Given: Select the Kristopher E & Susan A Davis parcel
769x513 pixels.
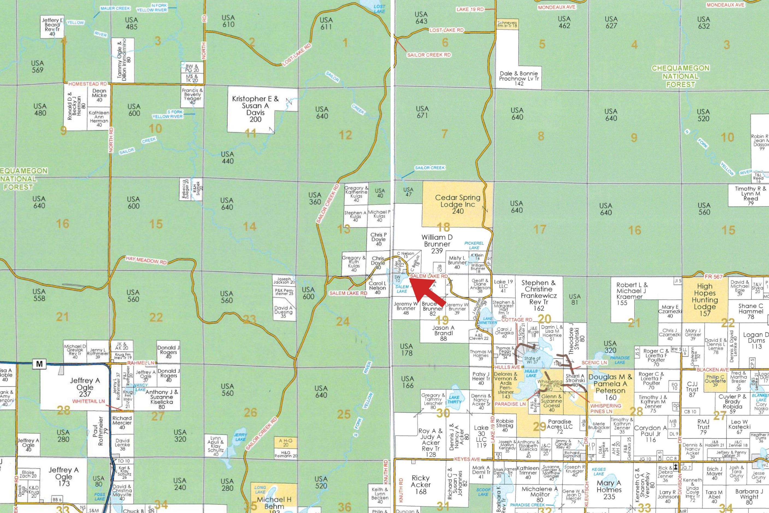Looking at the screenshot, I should (255, 109).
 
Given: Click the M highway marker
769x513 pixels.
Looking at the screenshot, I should (40, 364).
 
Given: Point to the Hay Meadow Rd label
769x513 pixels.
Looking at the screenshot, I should (146, 260).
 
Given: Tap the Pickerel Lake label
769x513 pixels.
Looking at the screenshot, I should (474, 245).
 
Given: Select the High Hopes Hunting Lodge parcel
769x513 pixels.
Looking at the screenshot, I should (705, 300).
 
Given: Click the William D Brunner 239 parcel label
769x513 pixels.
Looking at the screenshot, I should (437, 244).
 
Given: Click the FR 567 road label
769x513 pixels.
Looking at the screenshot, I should (714, 277).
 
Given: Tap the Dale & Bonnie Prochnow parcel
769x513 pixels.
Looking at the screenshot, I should (518, 78).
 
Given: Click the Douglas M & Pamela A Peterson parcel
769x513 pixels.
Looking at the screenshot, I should (610, 387).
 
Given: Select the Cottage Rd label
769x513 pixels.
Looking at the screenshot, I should (517, 320).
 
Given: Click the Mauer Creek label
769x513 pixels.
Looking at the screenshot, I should (115, 8).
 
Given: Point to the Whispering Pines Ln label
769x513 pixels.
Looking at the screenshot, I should (606, 408).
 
